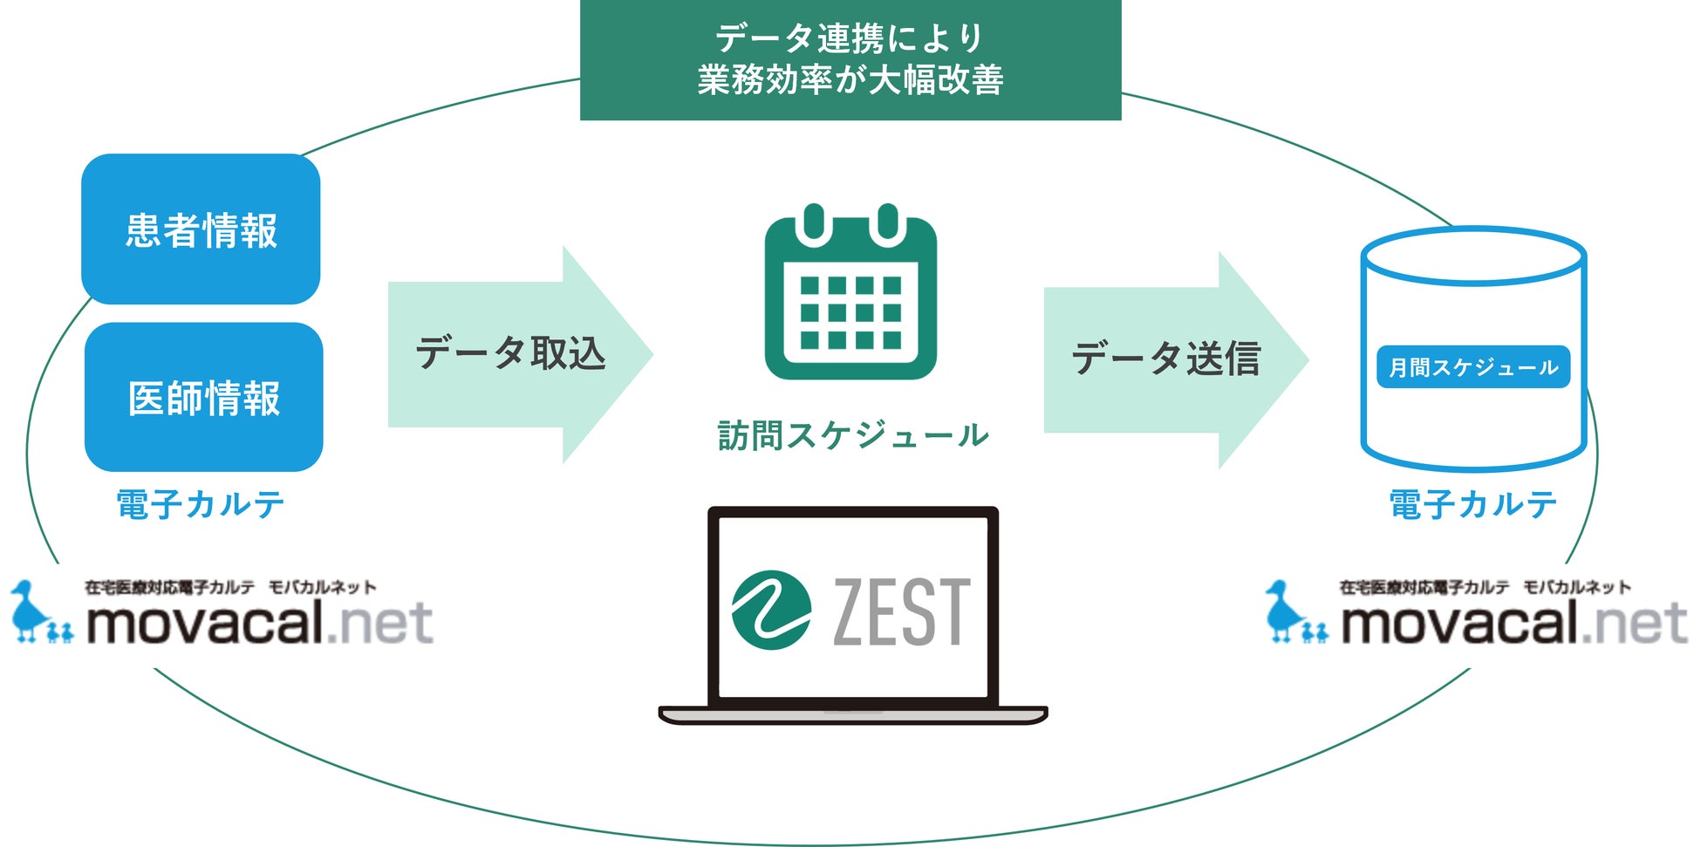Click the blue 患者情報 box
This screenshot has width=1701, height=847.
(201, 229)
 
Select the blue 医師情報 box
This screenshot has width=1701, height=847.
(203, 398)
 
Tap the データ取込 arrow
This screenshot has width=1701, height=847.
(515, 354)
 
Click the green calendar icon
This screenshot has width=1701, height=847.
(850, 297)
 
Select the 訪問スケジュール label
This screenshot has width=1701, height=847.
(852, 435)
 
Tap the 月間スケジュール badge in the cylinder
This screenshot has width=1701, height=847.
(1472, 367)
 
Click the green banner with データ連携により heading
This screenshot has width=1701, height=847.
(850, 59)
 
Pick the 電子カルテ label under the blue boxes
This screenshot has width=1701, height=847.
(201, 504)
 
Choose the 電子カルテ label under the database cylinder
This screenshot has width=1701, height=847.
(1472, 504)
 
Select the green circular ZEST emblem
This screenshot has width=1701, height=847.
(771, 611)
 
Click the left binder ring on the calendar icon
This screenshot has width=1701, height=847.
(814, 222)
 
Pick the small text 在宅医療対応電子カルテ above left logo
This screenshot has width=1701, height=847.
(170, 587)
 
